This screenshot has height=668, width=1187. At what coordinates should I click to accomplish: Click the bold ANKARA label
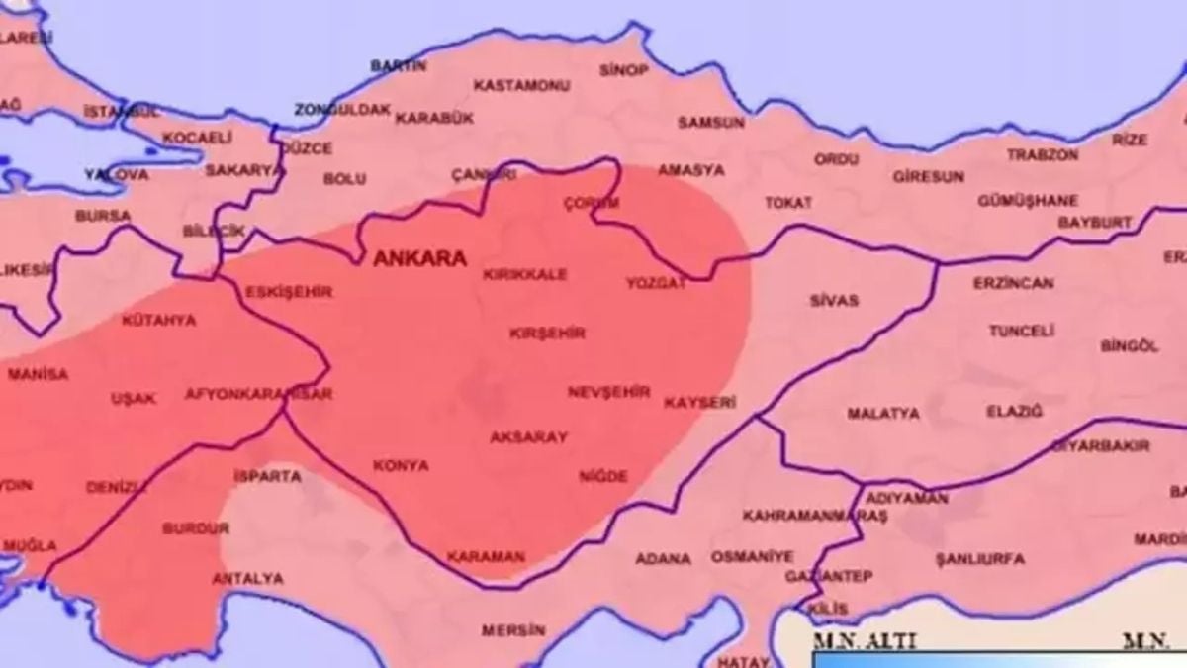[x=419, y=259]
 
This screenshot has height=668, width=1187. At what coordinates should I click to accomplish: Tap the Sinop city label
[x=624, y=70]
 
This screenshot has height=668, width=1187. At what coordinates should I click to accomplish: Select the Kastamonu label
[x=521, y=86]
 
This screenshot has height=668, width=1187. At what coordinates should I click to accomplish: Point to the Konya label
[x=401, y=465]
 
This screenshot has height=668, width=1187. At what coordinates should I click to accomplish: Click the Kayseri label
[x=699, y=403]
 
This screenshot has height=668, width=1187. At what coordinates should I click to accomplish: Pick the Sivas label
[x=833, y=300]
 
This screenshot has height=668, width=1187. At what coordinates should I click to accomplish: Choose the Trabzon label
[x=1043, y=155]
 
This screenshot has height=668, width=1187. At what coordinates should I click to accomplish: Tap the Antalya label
[x=247, y=578]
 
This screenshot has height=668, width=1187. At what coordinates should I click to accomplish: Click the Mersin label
[x=513, y=629]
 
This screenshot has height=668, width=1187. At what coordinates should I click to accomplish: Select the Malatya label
[x=882, y=414]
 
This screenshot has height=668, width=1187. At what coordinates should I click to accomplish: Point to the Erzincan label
[x=1013, y=283]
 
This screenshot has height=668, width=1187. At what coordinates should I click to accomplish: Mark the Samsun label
[x=710, y=123]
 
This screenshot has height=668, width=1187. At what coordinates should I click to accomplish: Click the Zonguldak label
[x=342, y=109]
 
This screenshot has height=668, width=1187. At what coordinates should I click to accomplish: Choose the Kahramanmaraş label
[x=800, y=517]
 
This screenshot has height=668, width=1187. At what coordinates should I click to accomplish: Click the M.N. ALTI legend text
[x=853, y=641]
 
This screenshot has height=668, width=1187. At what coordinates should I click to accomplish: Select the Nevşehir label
[x=609, y=392]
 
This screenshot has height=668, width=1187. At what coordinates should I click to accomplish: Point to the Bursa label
[x=102, y=215]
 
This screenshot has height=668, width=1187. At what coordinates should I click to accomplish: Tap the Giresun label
[x=928, y=177]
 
